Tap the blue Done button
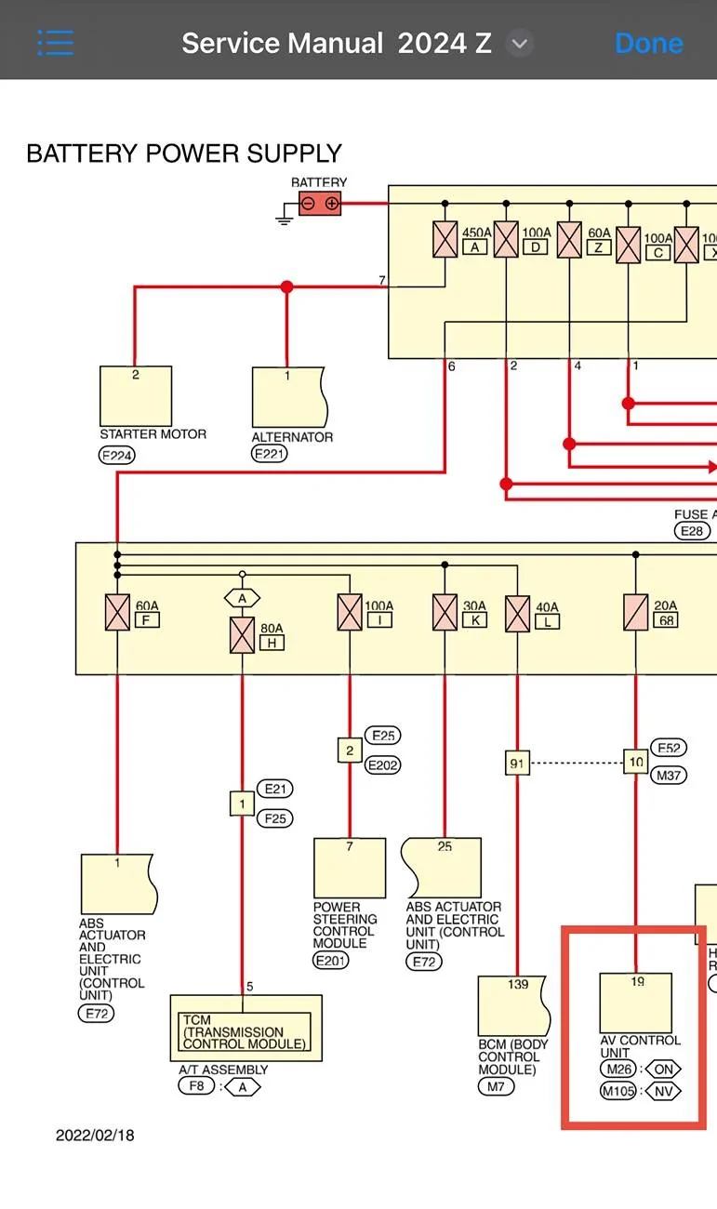[648, 43]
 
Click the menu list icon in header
[56, 43]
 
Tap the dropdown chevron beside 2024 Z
[520, 43]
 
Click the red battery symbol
[320, 204]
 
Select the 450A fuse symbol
[445, 239]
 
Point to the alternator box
[289, 397]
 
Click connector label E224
[116, 456]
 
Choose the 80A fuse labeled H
[242, 635]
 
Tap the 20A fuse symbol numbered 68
[635, 612]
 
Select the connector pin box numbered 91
[517, 763]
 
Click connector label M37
[669, 776]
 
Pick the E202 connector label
[383, 765]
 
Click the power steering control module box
[350, 868]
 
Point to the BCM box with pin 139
[513, 1005]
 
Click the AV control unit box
[636, 1003]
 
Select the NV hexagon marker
[664, 1091]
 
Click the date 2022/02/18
[95, 1135]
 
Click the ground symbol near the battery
[285, 214]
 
